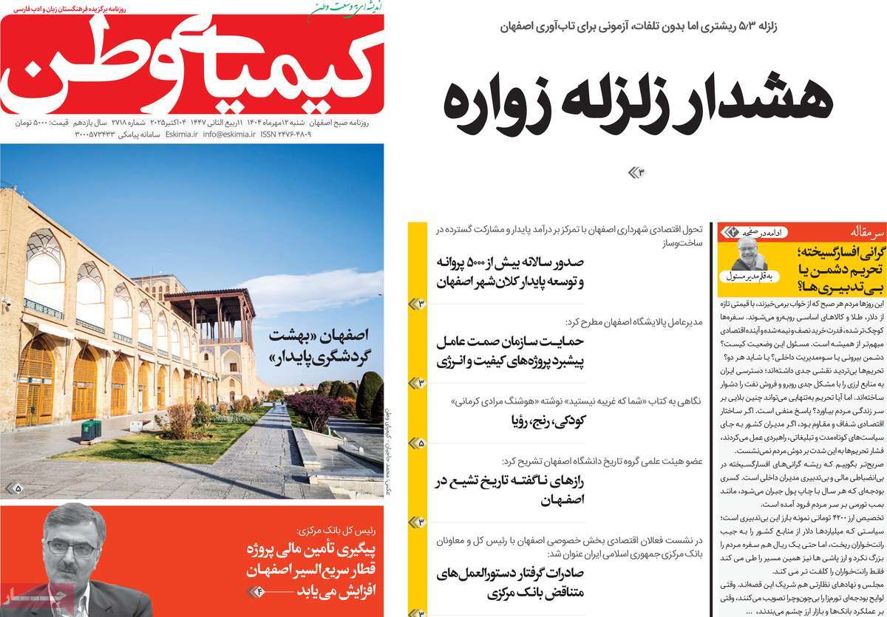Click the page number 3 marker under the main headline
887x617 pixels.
click(637, 172)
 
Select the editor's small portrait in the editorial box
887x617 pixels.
click(750, 255)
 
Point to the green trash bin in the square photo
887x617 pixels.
click(91, 429)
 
